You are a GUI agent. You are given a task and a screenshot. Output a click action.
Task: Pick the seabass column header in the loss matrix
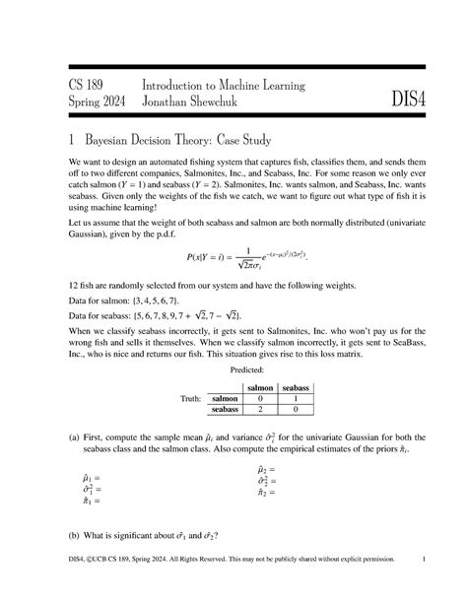[x=297, y=388]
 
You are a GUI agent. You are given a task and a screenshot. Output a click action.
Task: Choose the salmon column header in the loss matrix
[x=260, y=388]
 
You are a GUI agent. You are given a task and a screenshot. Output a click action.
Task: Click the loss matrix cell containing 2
[x=260, y=410]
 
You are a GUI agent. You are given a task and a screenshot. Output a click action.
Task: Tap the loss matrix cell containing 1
[x=297, y=399]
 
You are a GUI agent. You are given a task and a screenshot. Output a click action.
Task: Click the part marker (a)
[x=76, y=435]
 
